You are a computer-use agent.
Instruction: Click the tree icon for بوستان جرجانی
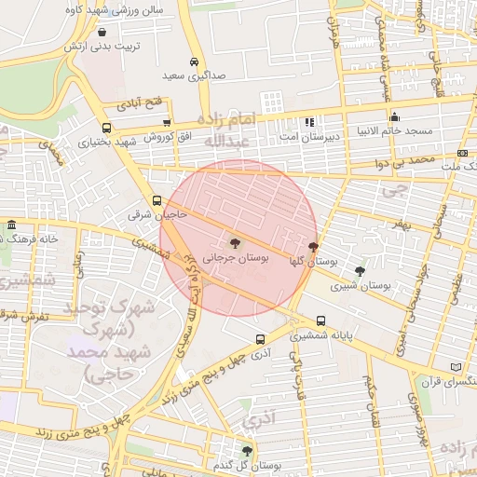(233, 243)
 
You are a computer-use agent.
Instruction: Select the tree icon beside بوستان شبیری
(360, 271)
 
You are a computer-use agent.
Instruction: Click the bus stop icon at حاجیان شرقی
(156, 200)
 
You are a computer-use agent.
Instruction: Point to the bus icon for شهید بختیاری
(106, 129)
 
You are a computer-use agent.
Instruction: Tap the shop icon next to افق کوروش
(167, 122)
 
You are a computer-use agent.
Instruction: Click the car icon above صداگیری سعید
(193, 61)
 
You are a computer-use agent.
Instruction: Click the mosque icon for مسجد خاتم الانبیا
(395, 117)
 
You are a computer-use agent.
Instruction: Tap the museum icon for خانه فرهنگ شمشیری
(10, 226)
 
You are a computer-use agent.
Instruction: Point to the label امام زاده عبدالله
(228, 130)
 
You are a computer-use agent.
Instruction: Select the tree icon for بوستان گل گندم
(247, 451)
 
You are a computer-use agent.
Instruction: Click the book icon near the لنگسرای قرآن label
(456, 367)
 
